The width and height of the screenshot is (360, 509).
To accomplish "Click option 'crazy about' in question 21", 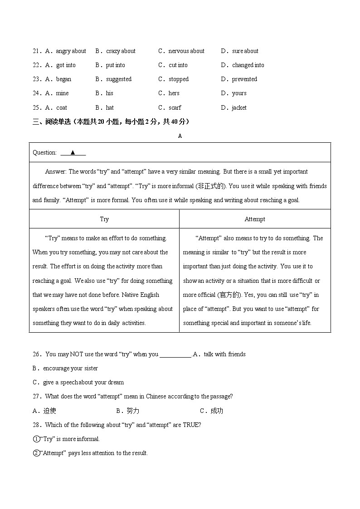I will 121,51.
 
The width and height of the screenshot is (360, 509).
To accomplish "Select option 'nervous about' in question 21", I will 186,51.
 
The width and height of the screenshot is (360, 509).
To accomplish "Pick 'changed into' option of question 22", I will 248,65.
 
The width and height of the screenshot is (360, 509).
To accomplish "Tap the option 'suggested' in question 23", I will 119,79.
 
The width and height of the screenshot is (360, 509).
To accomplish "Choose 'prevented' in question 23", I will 244,79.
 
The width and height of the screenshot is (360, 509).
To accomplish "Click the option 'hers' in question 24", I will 174,93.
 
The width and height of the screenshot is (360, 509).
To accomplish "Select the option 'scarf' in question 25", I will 175,108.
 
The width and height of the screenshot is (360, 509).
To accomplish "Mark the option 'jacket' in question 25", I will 239,108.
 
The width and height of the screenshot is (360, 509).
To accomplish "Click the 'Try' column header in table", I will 104,219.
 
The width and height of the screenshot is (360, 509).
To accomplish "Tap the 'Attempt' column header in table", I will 255,219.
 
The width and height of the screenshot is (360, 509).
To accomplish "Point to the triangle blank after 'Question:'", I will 73,153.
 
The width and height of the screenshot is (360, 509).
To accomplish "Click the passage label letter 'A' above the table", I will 180,136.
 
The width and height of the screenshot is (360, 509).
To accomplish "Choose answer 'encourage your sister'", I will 70,368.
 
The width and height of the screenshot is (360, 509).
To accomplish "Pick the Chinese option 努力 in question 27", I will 133,411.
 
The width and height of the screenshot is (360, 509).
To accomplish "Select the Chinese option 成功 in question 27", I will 217,411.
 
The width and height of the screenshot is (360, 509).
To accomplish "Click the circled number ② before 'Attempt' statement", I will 36,453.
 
